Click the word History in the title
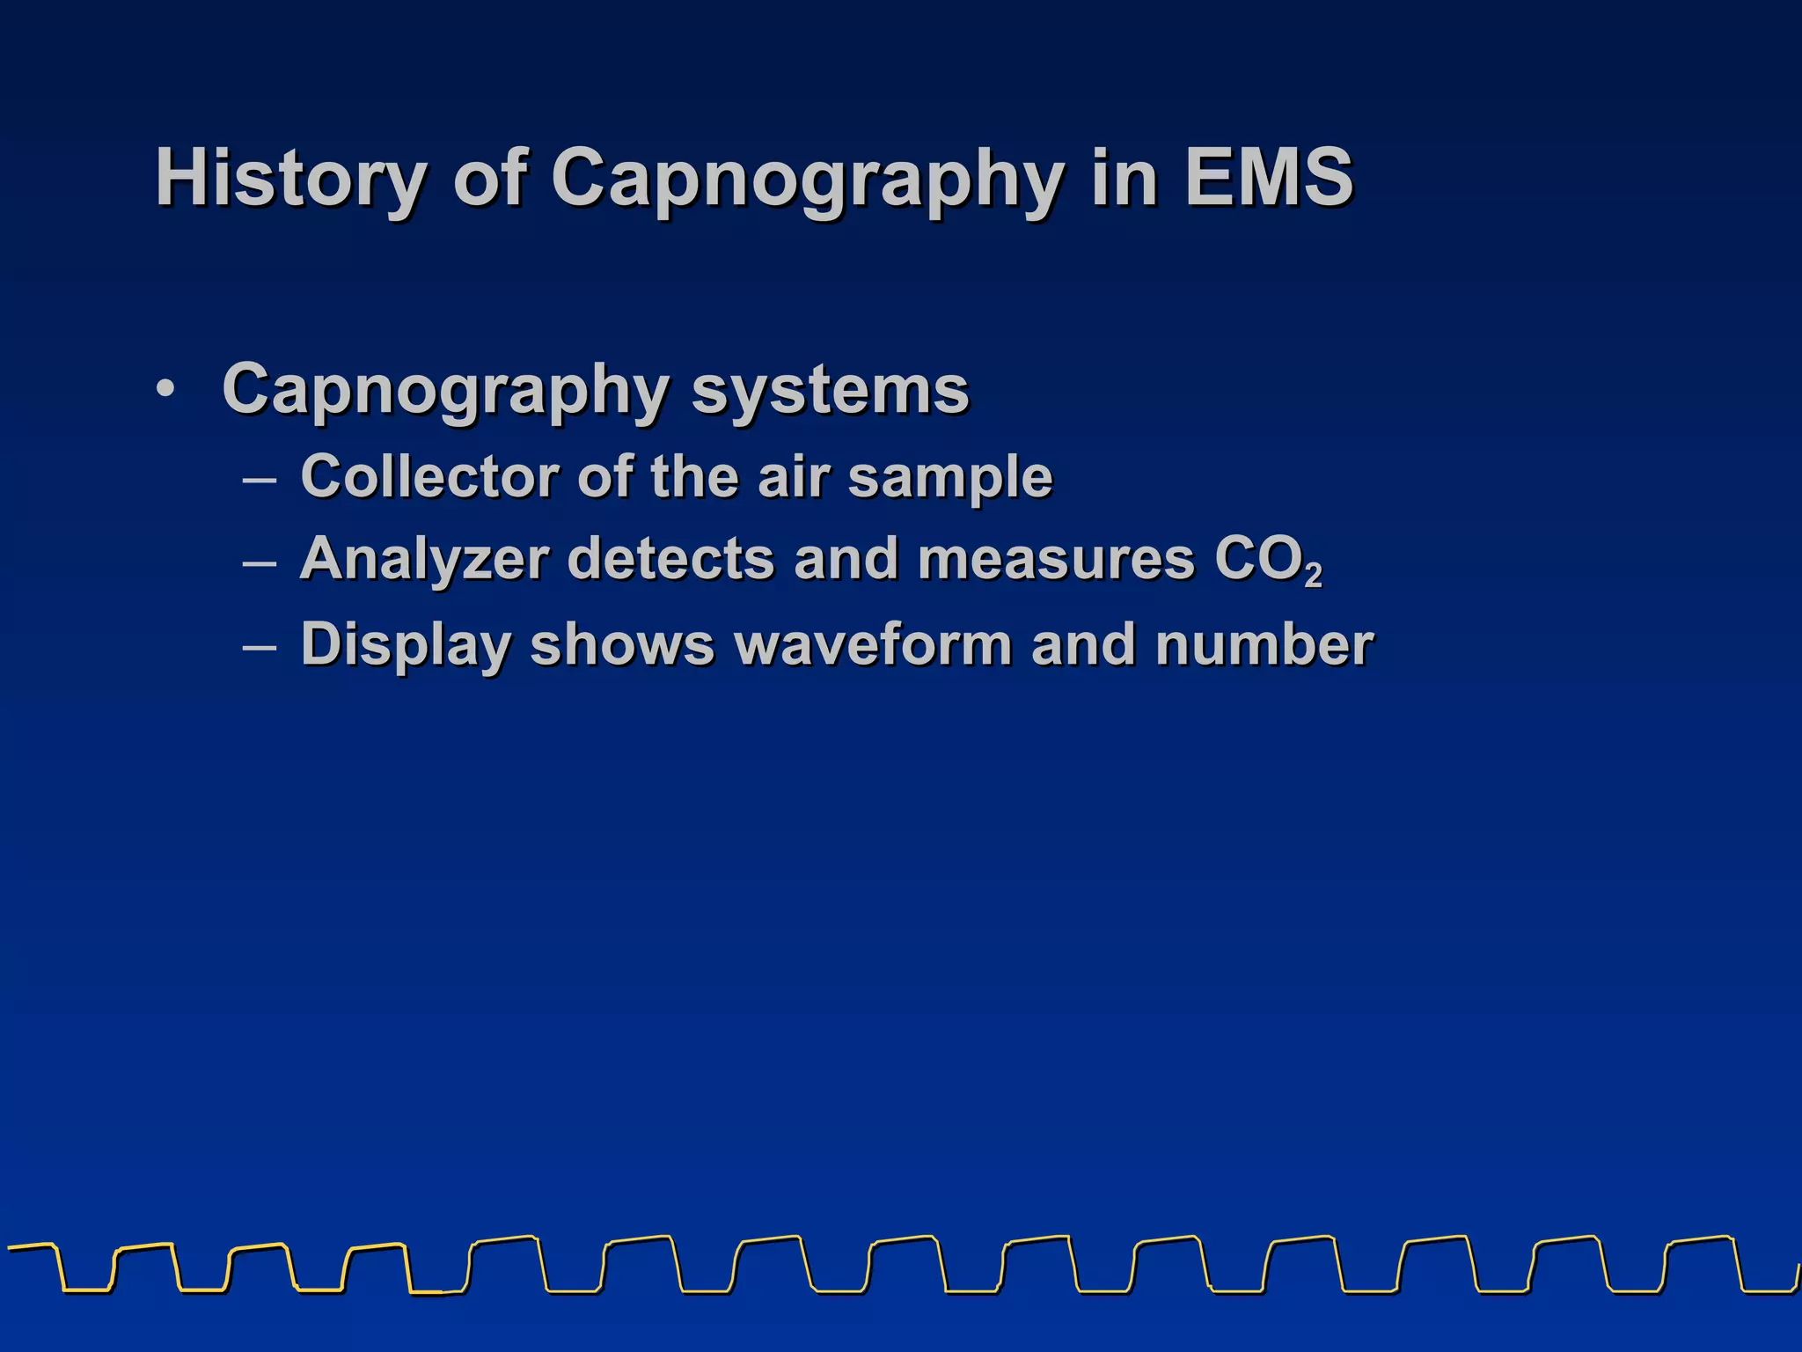[x=291, y=179]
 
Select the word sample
[x=950, y=478]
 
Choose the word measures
[x=1056, y=559]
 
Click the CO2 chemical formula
[x=1268, y=561]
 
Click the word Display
[x=406, y=645]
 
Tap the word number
[x=1264, y=644]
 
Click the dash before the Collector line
[x=259, y=480]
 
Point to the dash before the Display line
[x=259, y=648]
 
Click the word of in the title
[x=490, y=179]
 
